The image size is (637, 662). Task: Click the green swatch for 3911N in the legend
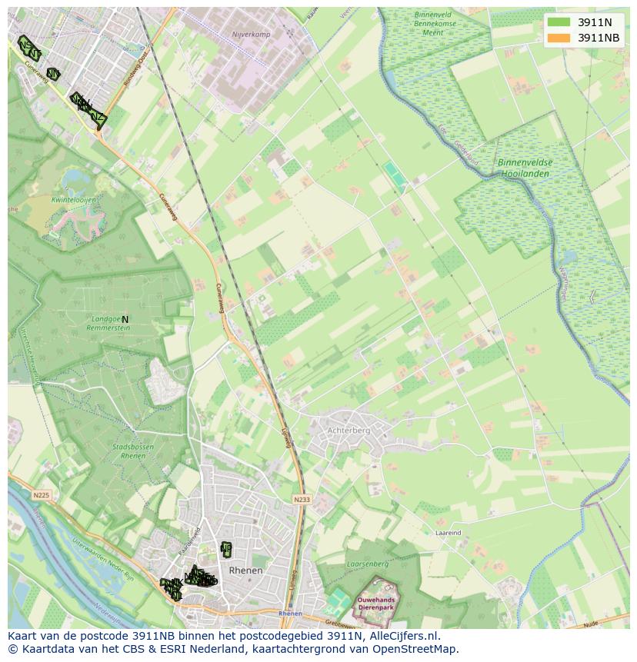click(559, 22)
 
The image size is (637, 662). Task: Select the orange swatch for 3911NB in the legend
click(559, 38)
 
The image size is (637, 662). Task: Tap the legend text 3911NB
click(599, 38)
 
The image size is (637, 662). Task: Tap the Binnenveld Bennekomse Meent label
click(435, 23)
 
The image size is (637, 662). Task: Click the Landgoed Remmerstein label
click(108, 323)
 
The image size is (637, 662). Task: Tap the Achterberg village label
click(349, 431)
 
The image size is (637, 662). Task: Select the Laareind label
click(448, 532)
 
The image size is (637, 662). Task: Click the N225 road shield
click(41, 496)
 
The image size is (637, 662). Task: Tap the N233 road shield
click(301, 500)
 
